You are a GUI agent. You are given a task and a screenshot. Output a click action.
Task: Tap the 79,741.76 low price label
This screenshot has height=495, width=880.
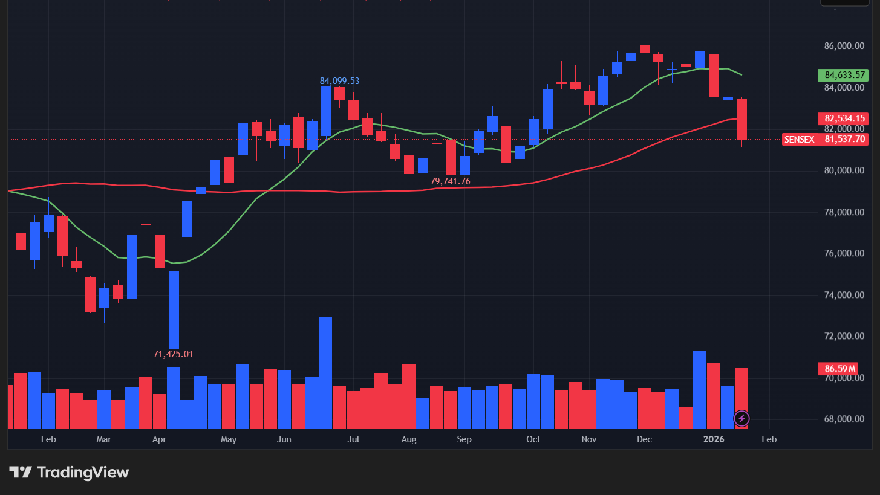pyautogui.click(x=450, y=181)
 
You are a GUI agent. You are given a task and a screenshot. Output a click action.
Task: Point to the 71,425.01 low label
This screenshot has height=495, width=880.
pyautogui.click(x=173, y=354)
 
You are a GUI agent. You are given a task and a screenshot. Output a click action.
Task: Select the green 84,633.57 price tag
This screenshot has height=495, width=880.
pyautogui.click(x=845, y=75)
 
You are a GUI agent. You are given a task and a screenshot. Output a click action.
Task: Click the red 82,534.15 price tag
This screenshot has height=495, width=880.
pyautogui.click(x=845, y=118)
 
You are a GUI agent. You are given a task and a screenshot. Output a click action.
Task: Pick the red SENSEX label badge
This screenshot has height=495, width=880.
pyautogui.click(x=799, y=139)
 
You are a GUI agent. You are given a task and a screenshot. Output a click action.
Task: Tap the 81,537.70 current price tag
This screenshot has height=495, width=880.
pyautogui.click(x=845, y=139)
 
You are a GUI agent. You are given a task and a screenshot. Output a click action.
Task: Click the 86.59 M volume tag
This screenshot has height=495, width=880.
pyautogui.click(x=840, y=368)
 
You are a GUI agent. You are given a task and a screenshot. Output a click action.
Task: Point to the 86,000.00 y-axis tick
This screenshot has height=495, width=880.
pyautogui.click(x=844, y=46)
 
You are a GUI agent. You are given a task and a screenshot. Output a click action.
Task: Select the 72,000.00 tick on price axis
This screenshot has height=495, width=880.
pyautogui.click(x=844, y=337)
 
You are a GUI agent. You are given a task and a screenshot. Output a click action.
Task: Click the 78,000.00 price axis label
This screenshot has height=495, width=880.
pyautogui.click(x=844, y=212)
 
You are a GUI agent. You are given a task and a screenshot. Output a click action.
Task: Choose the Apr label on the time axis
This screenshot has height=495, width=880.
pyautogui.click(x=160, y=439)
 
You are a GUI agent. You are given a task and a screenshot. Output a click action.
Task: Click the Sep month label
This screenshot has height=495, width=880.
pyautogui.click(x=464, y=439)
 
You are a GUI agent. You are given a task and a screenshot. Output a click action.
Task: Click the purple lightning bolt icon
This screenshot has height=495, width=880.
pyautogui.click(x=741, y=418)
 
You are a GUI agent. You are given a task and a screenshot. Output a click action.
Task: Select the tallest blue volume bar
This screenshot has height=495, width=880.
pyautogui.click(x=325, y=372)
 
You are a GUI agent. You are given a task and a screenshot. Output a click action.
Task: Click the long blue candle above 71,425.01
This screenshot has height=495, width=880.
pyautogui.click(x=174, y=309)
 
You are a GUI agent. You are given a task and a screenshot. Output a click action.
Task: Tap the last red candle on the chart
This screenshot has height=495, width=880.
pyautogui.click(x=741, y=119)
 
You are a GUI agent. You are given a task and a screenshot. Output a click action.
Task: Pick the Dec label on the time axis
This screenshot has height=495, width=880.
pyautogui.click(x=644, y=439)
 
